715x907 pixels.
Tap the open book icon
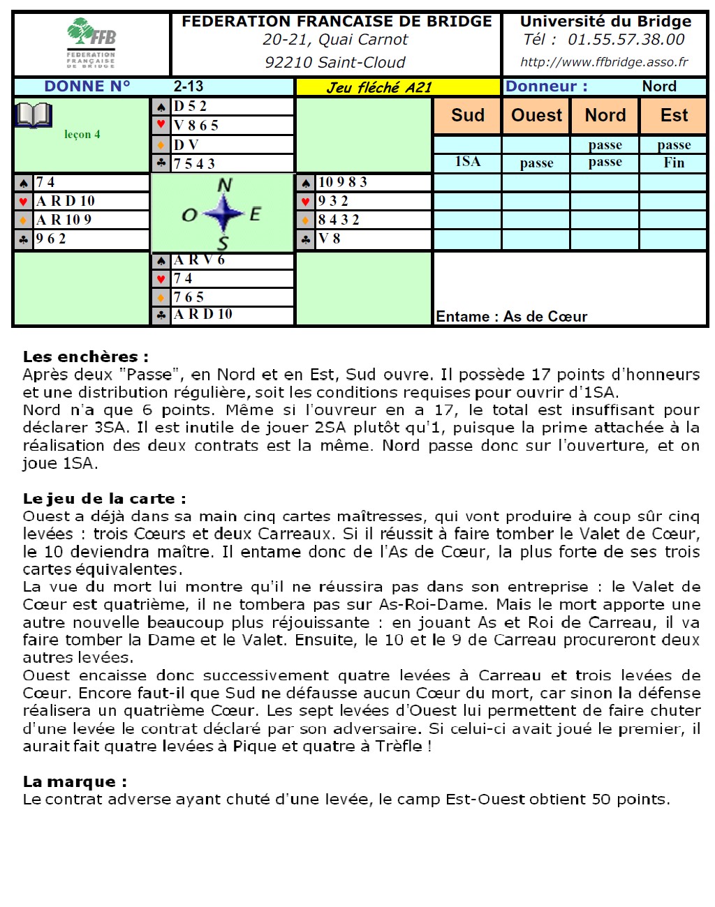(34, 115)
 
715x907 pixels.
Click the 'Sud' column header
(467, 115)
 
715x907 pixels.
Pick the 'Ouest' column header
(536, 115)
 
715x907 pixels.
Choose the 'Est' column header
(674, 115)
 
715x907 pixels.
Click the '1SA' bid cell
(467, 162)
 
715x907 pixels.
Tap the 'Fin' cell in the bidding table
(674, 163)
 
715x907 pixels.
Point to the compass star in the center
(223, 213)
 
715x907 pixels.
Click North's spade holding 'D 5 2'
(190, 106)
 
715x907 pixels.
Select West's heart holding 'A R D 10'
(66, 201)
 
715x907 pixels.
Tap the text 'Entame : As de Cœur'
(511, 317)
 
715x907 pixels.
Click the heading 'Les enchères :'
(85, 357)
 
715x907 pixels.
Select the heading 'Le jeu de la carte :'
(104, 498)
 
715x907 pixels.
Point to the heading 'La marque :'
(75, 781)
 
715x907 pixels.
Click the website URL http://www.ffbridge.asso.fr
(604, 62)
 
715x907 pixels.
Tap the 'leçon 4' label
(82, 135)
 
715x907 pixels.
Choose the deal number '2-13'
(189, 87)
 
